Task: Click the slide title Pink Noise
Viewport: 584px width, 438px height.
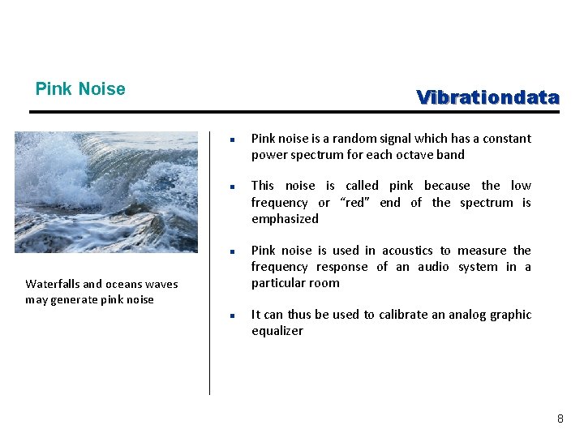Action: [x=80, y=89]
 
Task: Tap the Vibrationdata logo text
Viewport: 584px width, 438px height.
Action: [x=487, y=97]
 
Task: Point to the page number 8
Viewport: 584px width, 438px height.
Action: [x=560, y=419]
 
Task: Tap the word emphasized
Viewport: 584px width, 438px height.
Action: [x=285, y=219]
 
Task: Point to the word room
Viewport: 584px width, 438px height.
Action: [x=324, y=283]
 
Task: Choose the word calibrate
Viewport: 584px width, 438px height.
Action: [x=398, y=315]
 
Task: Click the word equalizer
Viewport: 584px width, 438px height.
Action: [x=277, y=331]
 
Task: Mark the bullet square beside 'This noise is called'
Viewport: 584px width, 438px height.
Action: [x=231, y=187]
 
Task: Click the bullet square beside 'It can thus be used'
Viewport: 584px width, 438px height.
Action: [x=231, y=316]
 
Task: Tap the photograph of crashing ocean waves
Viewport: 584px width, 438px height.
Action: [x=105, y=192]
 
